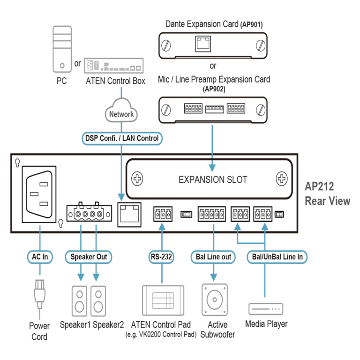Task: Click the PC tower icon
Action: (62, 49)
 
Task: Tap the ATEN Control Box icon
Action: (114, 66)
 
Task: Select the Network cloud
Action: (121, 111)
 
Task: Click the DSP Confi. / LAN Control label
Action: (122, 138)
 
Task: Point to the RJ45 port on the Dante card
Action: (203, 44)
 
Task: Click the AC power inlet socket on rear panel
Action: (39, 194)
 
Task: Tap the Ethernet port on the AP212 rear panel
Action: (129, 215)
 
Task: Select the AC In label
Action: (40, 257)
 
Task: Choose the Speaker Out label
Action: (89, 257)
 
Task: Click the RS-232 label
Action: (161, 257)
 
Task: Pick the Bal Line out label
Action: (213, 257)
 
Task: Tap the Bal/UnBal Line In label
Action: (277, 257)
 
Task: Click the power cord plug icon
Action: (39, 295)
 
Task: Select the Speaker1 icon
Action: (79, 301)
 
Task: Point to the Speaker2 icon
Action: (98, 301)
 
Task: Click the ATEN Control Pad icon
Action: (163, 300)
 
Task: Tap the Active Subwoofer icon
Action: (215, 300)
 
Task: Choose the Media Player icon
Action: (266, 309)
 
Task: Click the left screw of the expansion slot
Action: (137, 179)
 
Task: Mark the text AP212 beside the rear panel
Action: (319, 187)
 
